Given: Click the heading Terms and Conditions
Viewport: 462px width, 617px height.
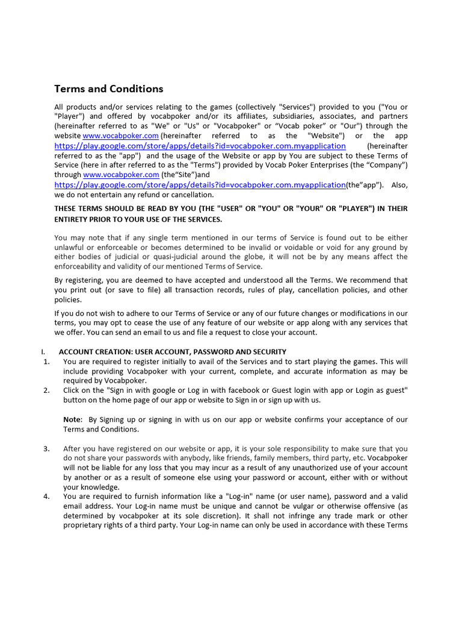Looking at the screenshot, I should [109, 89].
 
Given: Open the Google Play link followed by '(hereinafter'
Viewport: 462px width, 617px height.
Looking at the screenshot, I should [200, 146].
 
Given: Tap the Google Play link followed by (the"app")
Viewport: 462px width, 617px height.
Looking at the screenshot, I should [200, 185].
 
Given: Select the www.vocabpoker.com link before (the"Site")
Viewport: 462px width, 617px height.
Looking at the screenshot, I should [117, 175].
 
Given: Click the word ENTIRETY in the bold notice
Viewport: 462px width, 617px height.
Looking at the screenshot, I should [75, 219].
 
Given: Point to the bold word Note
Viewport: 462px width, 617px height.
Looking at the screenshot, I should [73, 419].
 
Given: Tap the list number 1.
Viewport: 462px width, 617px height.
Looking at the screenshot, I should [46, 362].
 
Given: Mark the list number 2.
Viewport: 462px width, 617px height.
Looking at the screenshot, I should [46, 390].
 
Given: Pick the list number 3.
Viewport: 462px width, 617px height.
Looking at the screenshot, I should [46, 449].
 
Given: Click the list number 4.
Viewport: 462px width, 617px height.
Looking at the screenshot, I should [46, 497].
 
